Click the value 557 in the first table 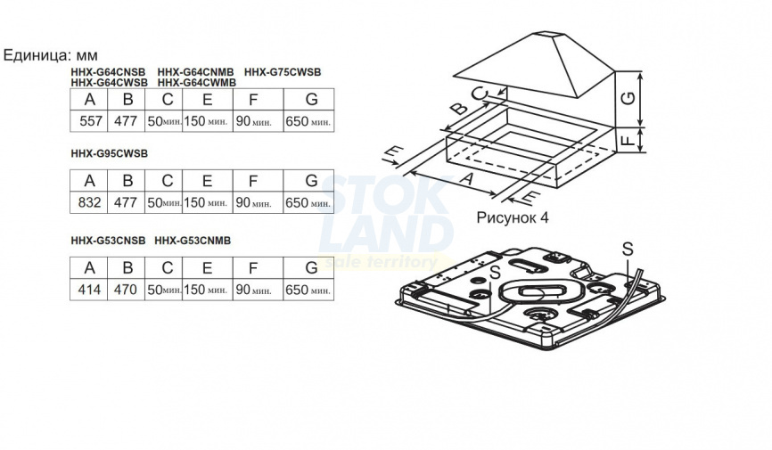91,121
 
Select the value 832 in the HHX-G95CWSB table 90,202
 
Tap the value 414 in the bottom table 90,290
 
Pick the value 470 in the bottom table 126,290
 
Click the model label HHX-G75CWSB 283,72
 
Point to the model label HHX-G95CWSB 110,153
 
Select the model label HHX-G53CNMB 193,241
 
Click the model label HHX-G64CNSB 109,72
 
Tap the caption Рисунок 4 512,217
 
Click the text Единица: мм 51,55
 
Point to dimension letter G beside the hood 628,99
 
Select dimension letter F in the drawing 628,141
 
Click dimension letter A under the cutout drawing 465,178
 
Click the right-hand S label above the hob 628,250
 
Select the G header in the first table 311,100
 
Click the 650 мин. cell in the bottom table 308,290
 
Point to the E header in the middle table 208,181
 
